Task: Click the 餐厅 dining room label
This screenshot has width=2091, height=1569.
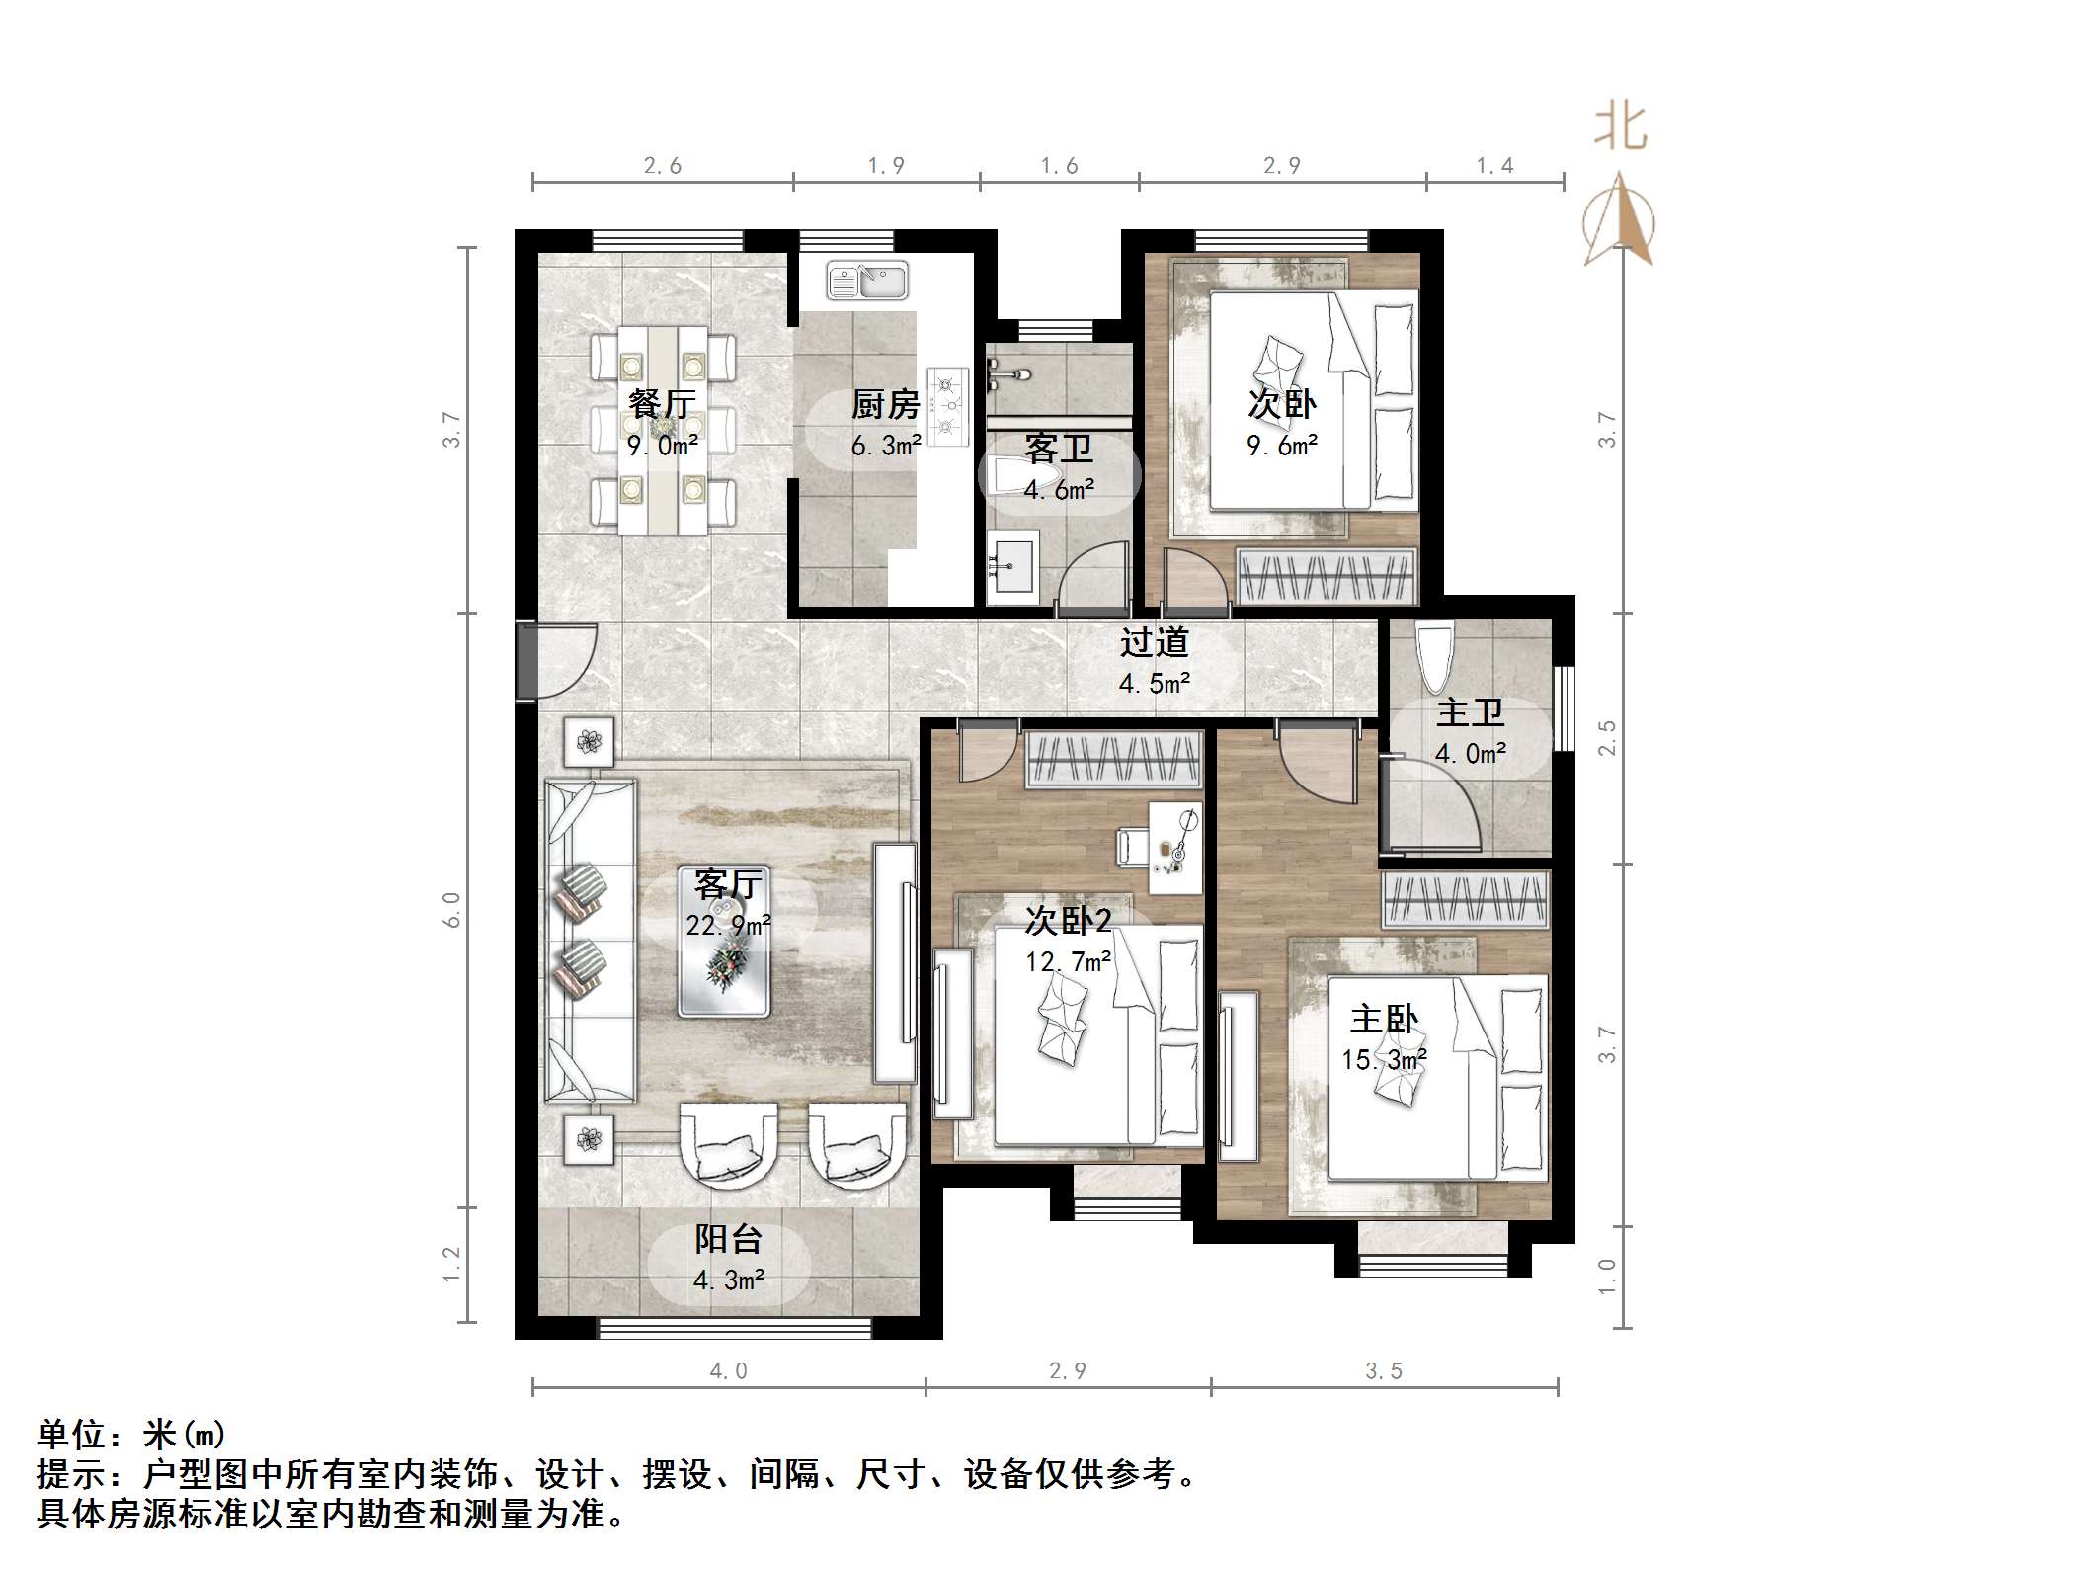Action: [x=662, y=404]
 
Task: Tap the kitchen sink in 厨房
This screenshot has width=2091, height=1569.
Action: [x=867, y=282]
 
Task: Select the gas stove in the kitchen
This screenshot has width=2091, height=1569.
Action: [x=948, y=405]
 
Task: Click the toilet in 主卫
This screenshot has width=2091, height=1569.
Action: [x=1434, y=655]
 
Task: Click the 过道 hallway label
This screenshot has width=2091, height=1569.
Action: [x=1154, y=643]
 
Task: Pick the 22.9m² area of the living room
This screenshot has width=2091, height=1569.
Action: [x=728, y=926]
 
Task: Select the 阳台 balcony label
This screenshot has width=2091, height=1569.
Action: [x=728, y=1239]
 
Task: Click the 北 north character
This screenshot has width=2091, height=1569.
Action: [x=1620, y=127]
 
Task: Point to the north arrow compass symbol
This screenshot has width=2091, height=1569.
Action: [x=1620, y=222]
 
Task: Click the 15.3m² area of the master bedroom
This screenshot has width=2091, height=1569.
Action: [x=1384, y=1060]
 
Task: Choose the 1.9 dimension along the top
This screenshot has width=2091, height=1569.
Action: [x=886, y=166]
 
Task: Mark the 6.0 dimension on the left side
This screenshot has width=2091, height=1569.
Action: [x=451, y=909]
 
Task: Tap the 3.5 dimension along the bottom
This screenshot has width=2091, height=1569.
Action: [x=1384, y=1371]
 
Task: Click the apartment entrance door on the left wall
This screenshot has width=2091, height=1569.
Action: [x=527, y=660]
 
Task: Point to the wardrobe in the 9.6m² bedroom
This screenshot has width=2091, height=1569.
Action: [x=1327, y=575]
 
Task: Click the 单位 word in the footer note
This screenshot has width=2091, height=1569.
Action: [x=71, y=1434]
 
